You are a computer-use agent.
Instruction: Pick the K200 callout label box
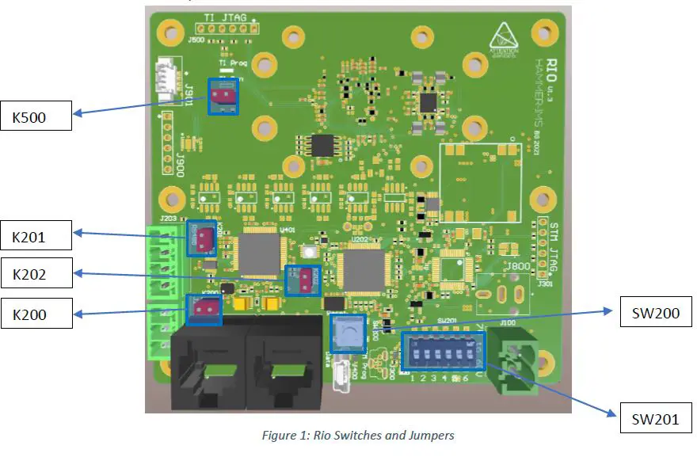36,313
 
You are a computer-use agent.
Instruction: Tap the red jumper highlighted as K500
223,97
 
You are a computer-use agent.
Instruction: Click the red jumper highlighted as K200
204,309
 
